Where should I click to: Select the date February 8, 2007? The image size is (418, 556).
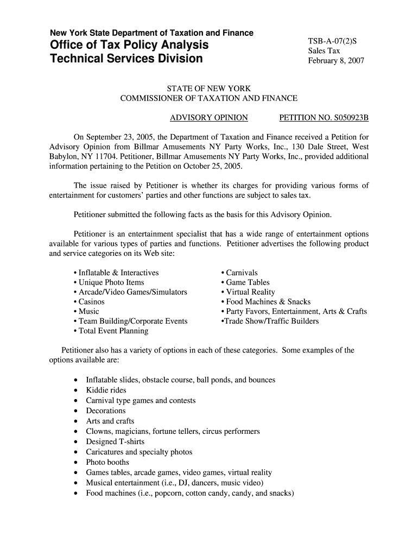tap(335, 60)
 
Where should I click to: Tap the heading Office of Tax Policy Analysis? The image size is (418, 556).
tap(129, 45)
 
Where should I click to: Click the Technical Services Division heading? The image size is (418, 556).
tap(126, 58)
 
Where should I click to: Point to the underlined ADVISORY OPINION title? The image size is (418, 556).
tap(209, 117)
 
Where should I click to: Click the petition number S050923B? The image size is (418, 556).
tap(324, 117)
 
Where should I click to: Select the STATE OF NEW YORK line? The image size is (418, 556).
tap(208, 88)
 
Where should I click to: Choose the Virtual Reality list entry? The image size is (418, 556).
tap(250, 292)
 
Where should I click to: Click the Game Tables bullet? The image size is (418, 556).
tap(248, 282)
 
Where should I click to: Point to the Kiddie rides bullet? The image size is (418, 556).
tap(106, 390)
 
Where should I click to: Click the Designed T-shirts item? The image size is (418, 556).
tap(115, 442)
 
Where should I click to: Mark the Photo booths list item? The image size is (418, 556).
tap(107, 463)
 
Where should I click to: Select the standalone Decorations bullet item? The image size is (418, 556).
tap(106, 411)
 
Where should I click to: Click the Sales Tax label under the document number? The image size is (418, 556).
tap(324, 50)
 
